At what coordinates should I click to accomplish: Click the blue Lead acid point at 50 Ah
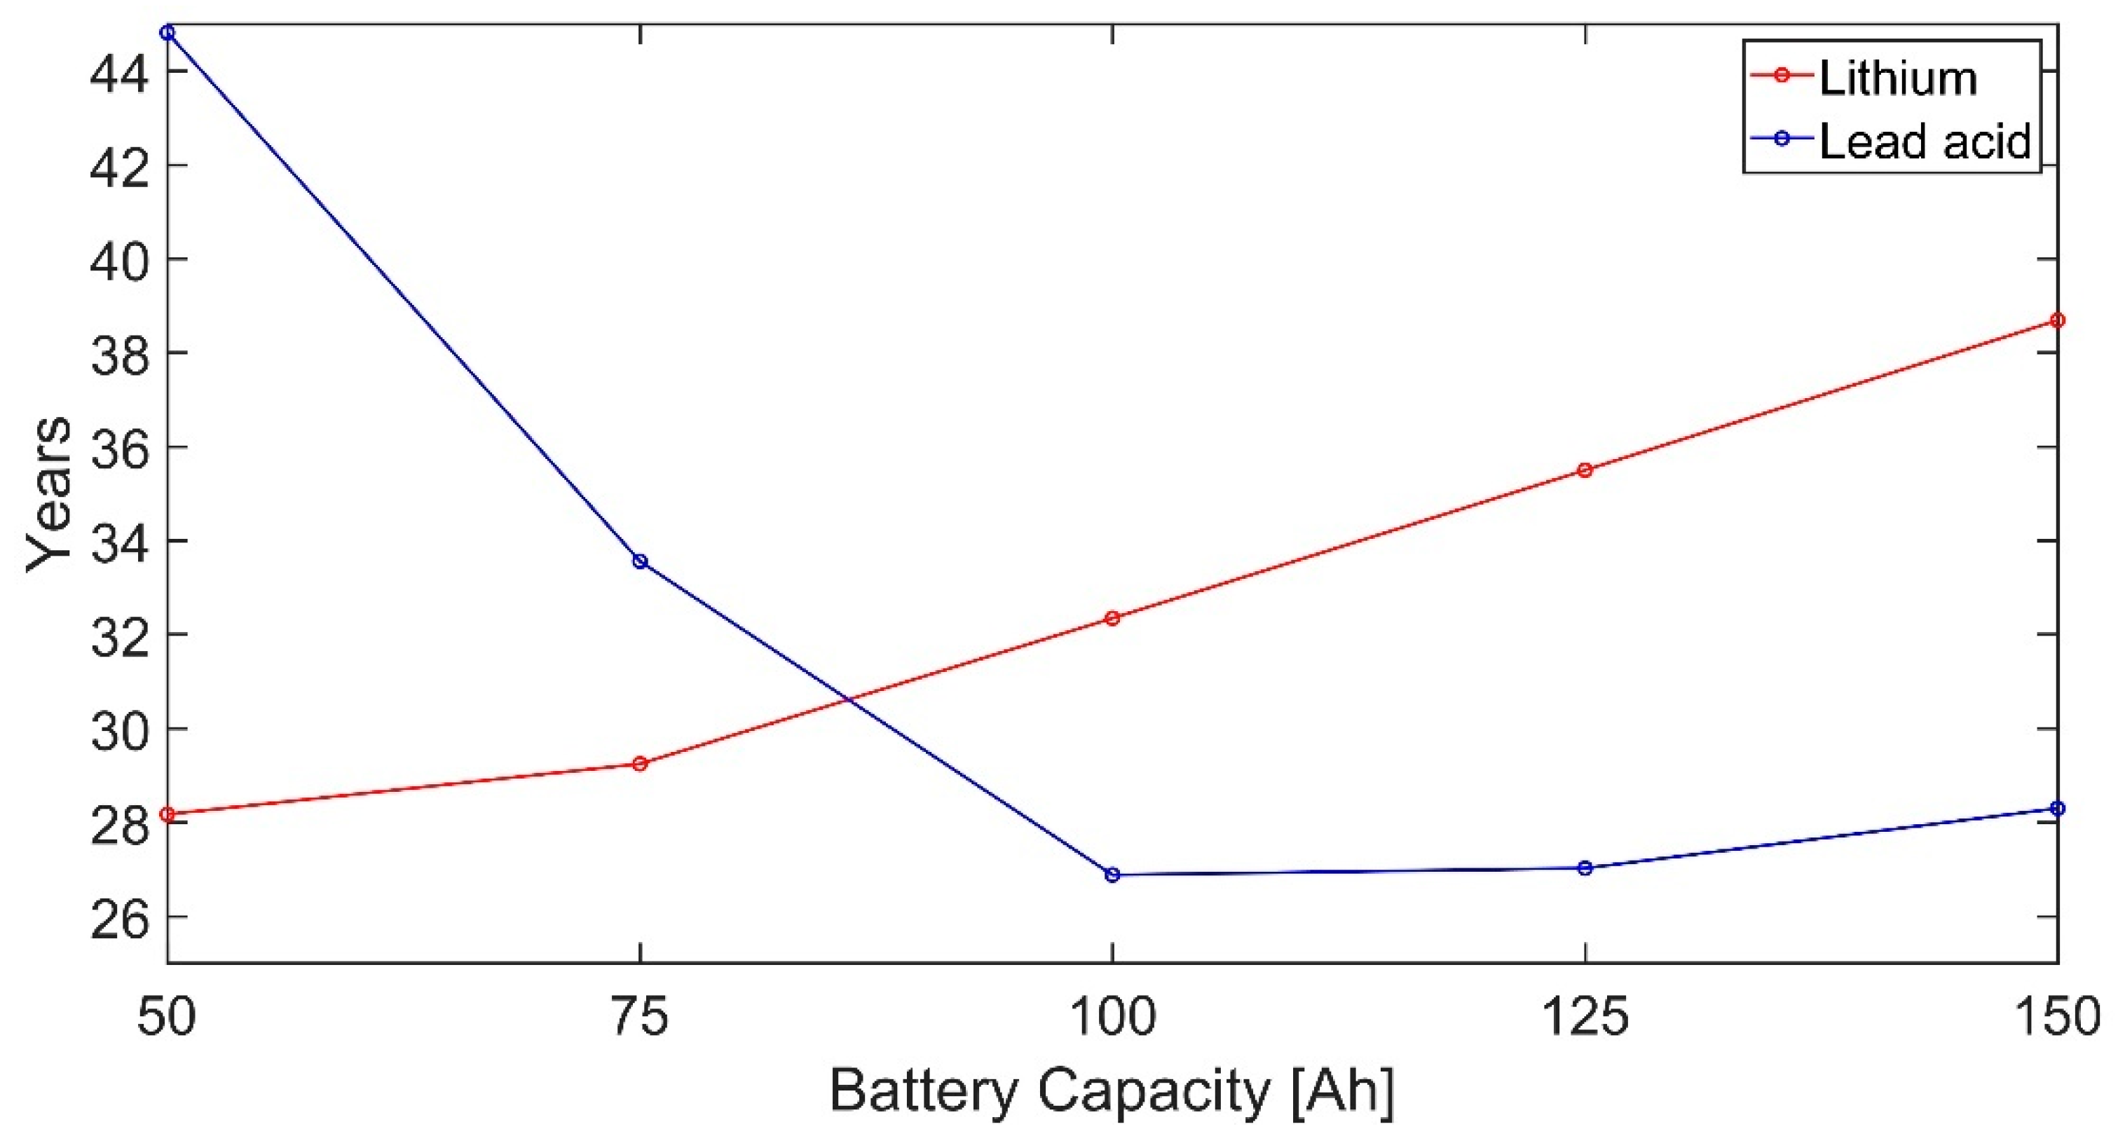point(168,33)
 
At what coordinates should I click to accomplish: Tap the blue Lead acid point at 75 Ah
point(640,561)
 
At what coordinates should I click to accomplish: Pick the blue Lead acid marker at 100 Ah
point(1112,875)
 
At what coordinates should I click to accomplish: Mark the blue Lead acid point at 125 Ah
point(1585,868)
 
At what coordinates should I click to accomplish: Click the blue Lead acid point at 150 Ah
point(2057,809)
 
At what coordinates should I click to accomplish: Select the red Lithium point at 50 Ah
point(168,814)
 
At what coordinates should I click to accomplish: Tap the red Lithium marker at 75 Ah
point(640,764)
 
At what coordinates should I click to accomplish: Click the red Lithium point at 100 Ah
point(1112,618)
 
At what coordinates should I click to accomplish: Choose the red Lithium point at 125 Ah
point(1585,470)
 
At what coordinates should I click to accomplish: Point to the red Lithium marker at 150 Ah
point(2057,320)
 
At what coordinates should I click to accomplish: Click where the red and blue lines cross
point(850,700)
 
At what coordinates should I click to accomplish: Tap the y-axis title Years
point(49,493)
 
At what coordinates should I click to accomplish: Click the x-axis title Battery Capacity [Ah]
point(1112,1092)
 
